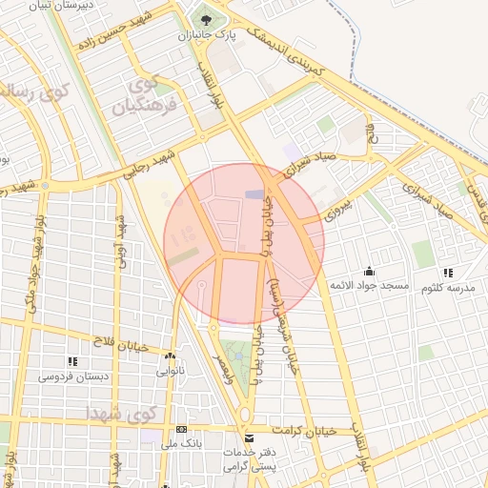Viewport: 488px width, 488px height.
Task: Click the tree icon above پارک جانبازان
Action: (201, 18)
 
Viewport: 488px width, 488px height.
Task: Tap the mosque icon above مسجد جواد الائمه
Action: (369, 271)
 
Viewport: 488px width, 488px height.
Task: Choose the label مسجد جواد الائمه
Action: (369, 286)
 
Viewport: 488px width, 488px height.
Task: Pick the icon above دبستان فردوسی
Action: (72, 361)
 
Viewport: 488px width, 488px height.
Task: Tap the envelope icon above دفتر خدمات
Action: (249, 438)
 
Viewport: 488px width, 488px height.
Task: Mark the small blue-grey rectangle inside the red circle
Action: (255, 194)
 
